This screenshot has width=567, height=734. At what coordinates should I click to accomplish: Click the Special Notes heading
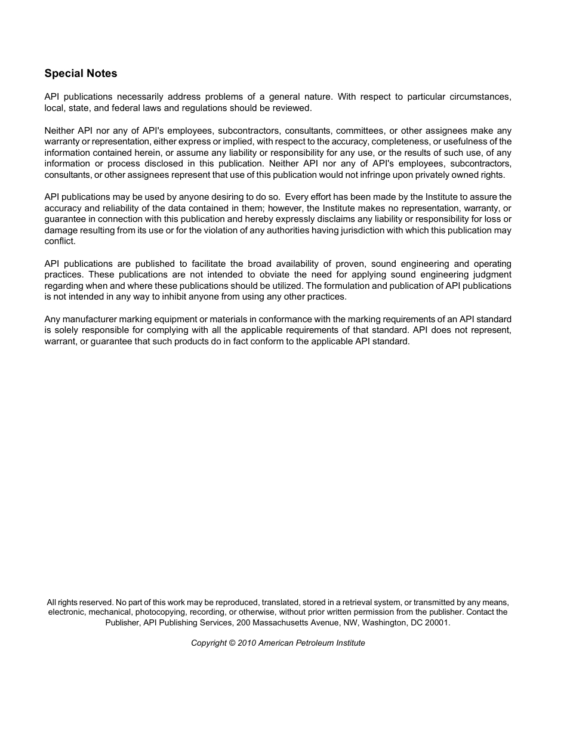81,73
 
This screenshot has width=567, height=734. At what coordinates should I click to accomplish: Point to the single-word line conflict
60,241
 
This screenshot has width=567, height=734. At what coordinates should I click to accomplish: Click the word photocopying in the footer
160,612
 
